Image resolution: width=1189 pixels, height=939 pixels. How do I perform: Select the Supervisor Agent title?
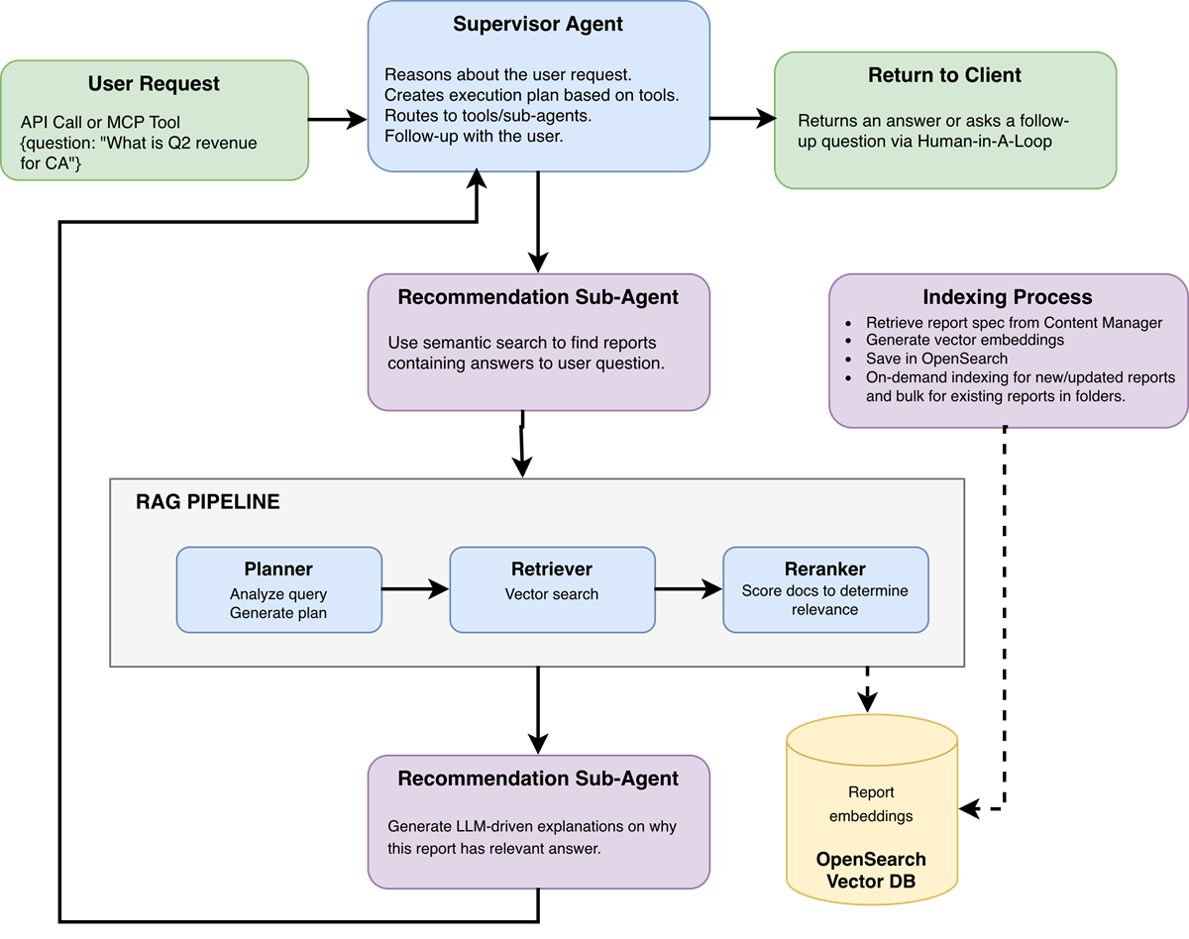pos(538,24)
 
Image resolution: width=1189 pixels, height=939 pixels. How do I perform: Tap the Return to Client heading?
pos(944,75)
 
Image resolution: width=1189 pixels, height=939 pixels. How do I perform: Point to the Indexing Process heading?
pos(1007,297)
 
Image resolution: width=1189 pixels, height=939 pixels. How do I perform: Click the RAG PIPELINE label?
pos(208,502)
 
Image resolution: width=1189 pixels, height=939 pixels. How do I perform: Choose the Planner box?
pos(278,589)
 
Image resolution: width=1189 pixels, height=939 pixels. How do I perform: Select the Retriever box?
pos(552,589)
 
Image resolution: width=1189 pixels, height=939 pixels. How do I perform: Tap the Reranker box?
pos(825,589)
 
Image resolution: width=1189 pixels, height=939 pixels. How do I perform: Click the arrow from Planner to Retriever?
pos(415,590)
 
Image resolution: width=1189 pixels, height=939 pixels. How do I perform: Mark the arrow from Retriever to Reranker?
pos(689,590)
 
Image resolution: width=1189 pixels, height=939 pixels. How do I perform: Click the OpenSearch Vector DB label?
pos(870,870)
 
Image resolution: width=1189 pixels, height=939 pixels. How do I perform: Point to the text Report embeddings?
pos(871,804)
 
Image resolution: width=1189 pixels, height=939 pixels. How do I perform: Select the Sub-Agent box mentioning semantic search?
pos(538,342)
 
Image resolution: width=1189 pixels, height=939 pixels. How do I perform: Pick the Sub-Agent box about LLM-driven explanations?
pos(538,822)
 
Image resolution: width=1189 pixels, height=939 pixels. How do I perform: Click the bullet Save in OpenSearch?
pos(936,359)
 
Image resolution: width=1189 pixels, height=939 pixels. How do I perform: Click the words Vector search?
pos(552,594)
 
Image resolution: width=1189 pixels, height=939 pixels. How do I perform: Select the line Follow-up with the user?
pos(474,136)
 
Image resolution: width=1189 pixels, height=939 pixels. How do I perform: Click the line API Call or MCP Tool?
pos(100,123)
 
